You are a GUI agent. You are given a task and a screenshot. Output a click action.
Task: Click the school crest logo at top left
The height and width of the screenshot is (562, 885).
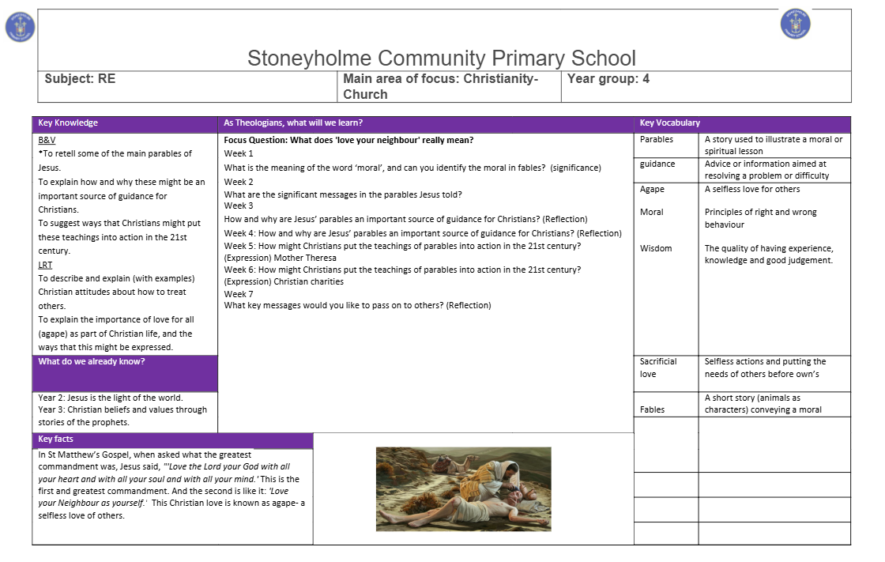coord(20,28)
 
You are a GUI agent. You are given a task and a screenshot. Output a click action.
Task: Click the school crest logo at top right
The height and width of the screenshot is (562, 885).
coord(795,24)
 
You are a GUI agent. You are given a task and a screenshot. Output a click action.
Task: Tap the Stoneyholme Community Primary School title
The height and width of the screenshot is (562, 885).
coord(441,58)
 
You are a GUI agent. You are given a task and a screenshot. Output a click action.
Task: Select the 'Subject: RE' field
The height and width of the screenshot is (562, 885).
coord(81,79)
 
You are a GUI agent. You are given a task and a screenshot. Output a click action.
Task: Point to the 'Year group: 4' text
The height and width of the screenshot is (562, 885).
coord(608,79)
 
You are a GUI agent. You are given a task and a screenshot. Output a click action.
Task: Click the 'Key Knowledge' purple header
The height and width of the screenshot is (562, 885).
coord(69,123)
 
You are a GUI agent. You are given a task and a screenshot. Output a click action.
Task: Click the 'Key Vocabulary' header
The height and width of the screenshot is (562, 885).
coord(670,123)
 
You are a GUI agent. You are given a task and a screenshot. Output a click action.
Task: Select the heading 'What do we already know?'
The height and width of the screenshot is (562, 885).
coord(92,362)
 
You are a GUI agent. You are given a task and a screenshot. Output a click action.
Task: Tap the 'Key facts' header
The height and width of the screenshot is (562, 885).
coord(56,439)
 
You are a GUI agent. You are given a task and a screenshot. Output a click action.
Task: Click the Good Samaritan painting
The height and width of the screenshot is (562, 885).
coord(463,488)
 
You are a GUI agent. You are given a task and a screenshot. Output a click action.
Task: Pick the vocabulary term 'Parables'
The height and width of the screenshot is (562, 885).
coord(657,139)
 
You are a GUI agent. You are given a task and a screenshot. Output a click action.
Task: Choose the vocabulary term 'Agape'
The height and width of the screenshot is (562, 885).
coord(652,190)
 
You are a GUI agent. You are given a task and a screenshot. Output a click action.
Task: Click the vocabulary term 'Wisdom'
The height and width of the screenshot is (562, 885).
coord(656,248)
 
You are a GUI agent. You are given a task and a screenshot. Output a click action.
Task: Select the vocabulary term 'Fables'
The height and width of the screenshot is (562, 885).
coord(653,409)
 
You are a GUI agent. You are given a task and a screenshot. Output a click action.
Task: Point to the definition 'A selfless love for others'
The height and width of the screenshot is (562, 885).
coord(752,190)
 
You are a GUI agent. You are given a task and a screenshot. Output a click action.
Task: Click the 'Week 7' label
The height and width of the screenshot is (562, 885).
coord(239,294)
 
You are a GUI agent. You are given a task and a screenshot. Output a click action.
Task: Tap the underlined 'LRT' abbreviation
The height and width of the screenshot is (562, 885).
coord(45,266)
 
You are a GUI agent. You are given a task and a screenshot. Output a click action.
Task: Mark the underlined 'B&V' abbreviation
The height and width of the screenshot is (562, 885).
coord(47,140)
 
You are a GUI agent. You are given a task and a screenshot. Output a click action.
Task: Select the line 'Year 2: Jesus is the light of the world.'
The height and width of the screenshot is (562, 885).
coord(111,398)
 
